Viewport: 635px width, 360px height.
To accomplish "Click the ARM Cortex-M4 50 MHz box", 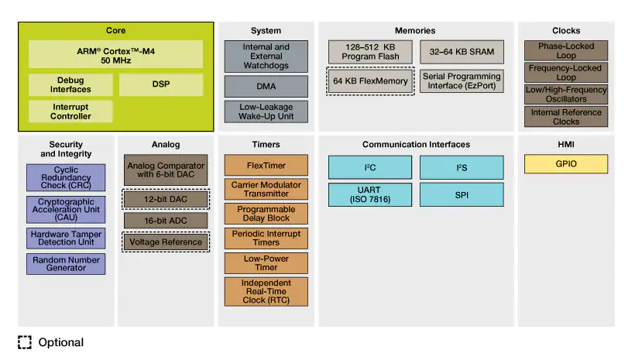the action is pos(116,54).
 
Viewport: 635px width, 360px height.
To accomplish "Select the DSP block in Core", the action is pos(161,84).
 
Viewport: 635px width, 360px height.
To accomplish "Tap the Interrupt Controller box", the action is pos(70,111).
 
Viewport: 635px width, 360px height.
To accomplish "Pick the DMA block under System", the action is pos(266,86).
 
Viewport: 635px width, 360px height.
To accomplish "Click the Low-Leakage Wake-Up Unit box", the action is pos(266,111).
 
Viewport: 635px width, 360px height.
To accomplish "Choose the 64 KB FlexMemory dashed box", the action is pos(370,81).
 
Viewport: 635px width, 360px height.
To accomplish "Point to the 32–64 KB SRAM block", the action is pos(462,52).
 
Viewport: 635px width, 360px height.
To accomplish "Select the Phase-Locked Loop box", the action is pos(566,50).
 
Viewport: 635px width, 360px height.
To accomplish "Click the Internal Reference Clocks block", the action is pos(566,117).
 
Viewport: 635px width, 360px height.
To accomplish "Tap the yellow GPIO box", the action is pos(566,163).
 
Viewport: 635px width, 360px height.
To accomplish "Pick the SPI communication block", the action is pos(462,195).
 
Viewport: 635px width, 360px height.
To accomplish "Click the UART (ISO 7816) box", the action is pos(370,195).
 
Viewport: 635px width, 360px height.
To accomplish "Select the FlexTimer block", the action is pos(266,165).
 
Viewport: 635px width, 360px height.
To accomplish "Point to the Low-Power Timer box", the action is pos(266,263).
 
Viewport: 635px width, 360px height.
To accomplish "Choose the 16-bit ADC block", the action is pos(166,221).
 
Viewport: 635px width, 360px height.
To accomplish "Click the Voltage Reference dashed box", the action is pos(166,242).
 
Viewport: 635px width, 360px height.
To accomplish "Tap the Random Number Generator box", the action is pos(66,264).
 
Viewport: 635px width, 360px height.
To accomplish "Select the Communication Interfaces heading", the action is pos(416,145).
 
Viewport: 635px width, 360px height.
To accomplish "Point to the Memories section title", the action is pos(415,31).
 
